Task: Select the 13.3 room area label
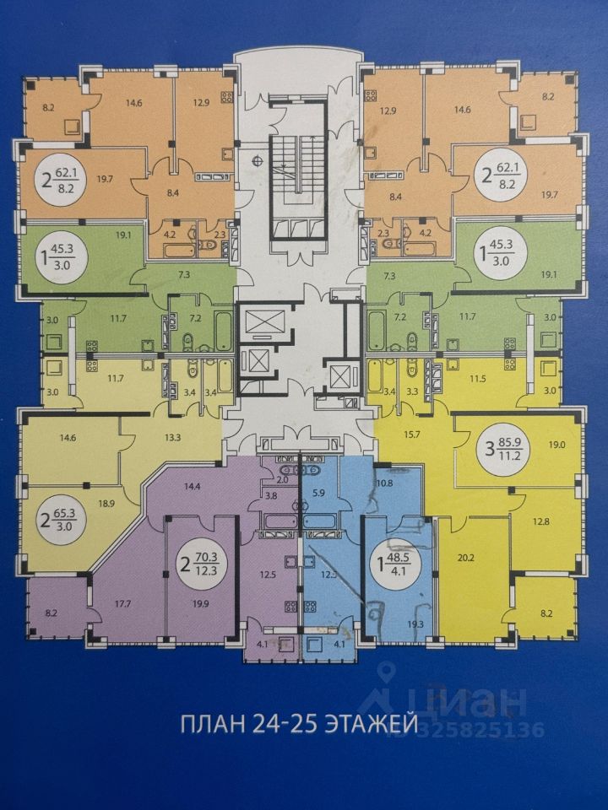[x=172, y=437]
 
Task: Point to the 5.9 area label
[x=318, y=491]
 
